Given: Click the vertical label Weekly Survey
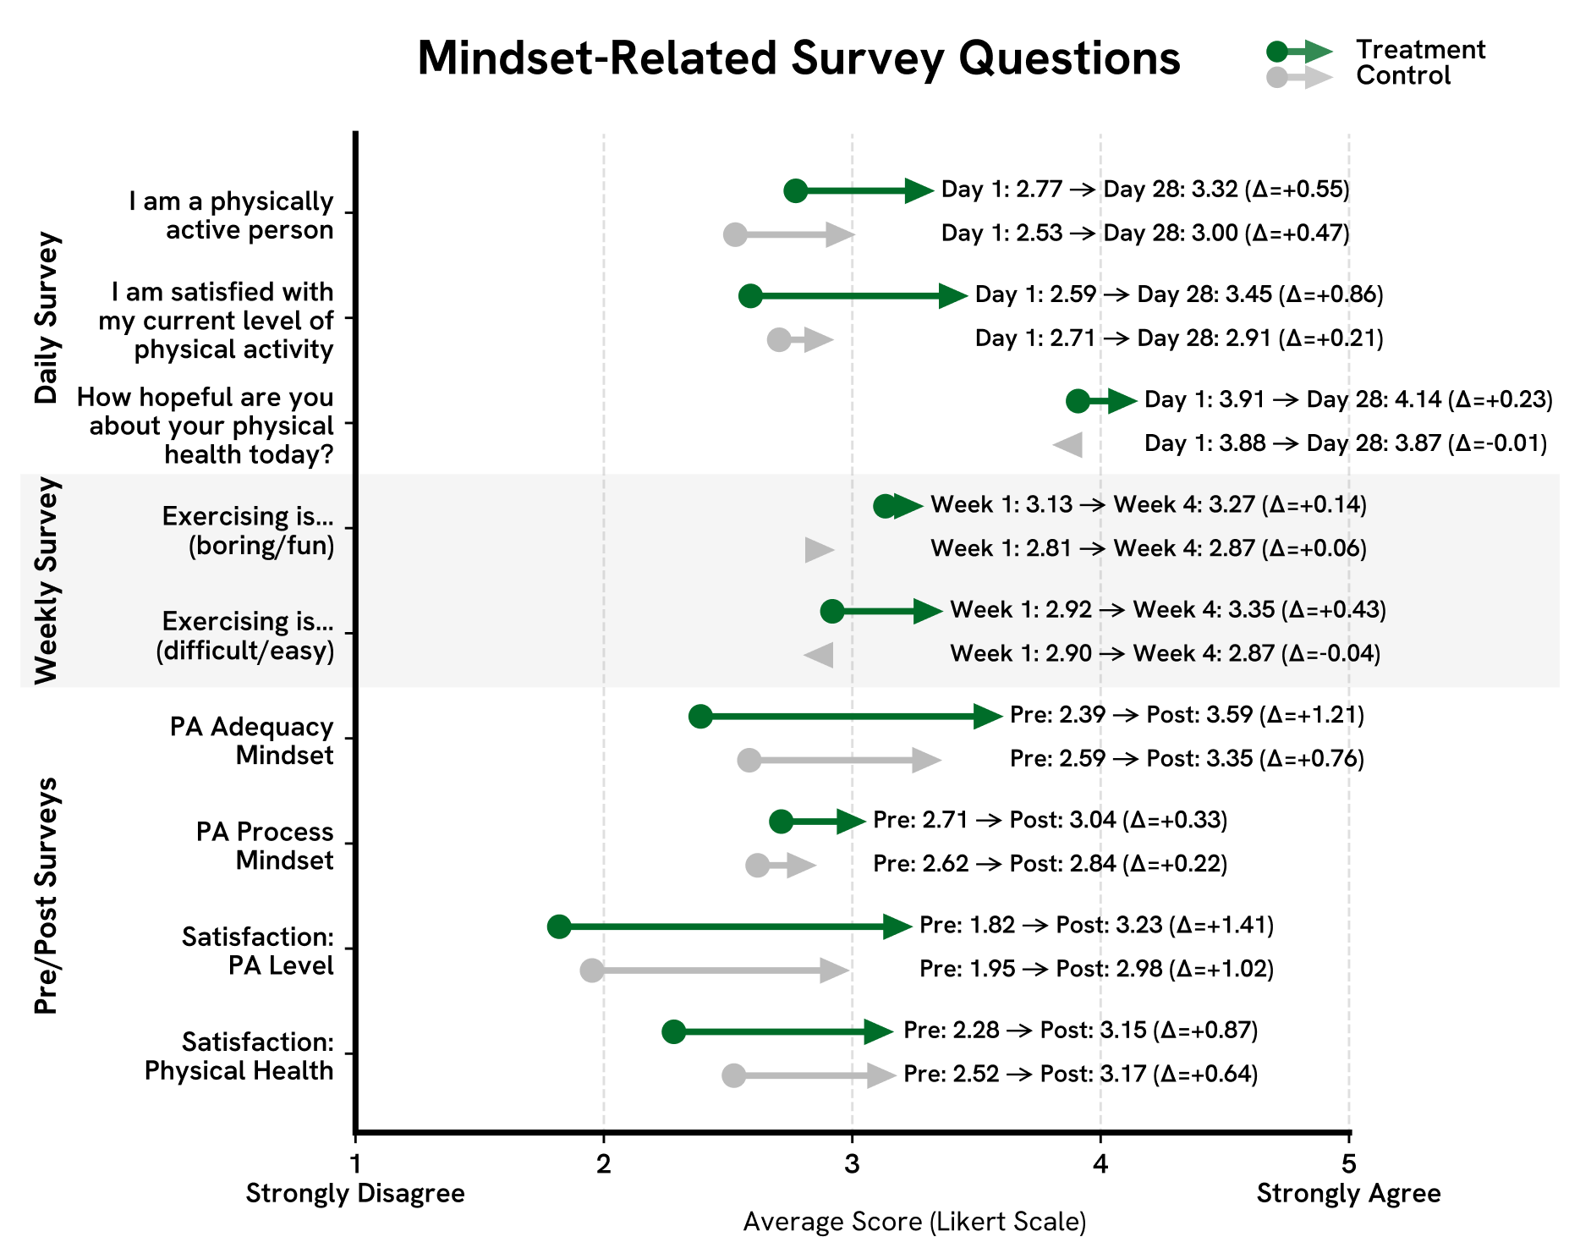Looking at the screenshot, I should point(47,580).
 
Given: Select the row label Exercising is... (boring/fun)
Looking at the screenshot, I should point(248,531).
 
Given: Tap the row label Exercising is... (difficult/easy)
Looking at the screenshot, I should point(245,636).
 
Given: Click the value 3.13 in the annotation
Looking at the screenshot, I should point(1049,505).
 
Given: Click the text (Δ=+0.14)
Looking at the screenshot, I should point(1314,505).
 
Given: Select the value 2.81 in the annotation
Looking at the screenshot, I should point(1049,549).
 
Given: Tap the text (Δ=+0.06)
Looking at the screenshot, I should point(1314,549).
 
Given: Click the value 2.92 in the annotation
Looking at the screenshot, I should point(1068,610).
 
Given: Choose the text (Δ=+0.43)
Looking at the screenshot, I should point(1334,610).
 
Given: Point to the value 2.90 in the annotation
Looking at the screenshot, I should point(1068,654).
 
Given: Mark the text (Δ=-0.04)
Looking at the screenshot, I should point(1330,654).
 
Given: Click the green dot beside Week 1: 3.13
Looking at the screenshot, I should point(884,506).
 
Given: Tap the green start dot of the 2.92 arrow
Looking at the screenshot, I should point(832,611).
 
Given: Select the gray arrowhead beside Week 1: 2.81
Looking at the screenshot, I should point(818,550).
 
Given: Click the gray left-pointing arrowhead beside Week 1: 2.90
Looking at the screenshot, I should point(820,655).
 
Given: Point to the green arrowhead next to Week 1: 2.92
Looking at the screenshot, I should point(927,611).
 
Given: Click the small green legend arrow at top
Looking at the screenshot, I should point(1301,52).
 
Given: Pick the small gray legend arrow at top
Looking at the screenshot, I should point(1301,78).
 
